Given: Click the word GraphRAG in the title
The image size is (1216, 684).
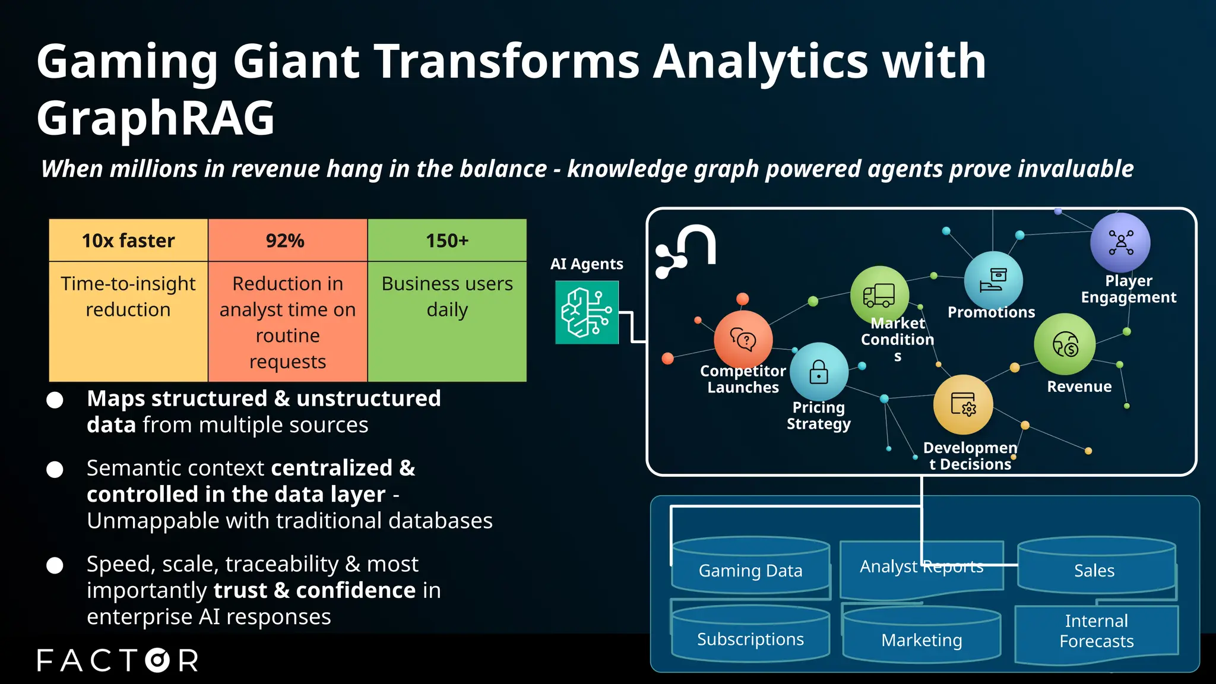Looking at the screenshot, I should [156, 118].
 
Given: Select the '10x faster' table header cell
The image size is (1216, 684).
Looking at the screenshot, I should [128, 240].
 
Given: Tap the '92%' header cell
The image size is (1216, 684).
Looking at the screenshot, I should [287, 240].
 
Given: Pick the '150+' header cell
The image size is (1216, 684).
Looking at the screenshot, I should [447, 240].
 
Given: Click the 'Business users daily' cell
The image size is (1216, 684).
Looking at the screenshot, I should [447, 321].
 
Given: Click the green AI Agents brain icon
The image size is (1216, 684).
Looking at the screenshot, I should [587, 312].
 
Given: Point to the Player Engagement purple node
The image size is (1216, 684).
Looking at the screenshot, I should [1120, 243].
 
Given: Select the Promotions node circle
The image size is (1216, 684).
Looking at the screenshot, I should [993, 280].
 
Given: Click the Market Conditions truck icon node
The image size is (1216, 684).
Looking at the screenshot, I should [879, 295].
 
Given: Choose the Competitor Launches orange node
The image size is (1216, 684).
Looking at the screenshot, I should [743, 340].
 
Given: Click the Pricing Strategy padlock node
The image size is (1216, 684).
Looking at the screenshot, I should [819, 372].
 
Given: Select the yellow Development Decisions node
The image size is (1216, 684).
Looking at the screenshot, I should [962, 405].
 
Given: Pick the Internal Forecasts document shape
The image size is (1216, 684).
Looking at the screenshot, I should [1096, 632].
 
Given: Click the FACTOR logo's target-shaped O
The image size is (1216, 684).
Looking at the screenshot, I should [157, 660].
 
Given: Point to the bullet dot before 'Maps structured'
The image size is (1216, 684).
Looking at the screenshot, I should [55, 400].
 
